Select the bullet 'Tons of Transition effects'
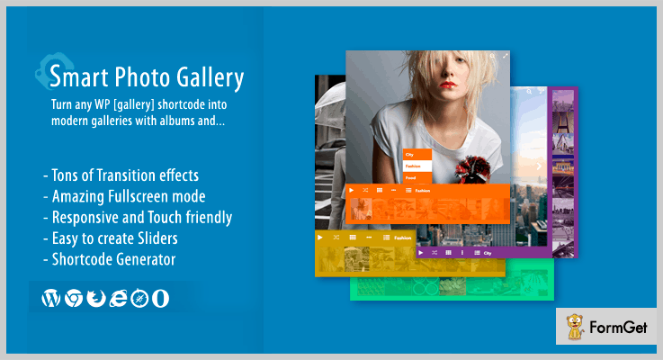[x=120, y=175]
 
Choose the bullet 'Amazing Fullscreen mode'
[x=124, y=196]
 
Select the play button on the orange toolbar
[x=351, y=191]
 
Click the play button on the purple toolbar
[x=419, y=254]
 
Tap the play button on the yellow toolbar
[x=320, y=237]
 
